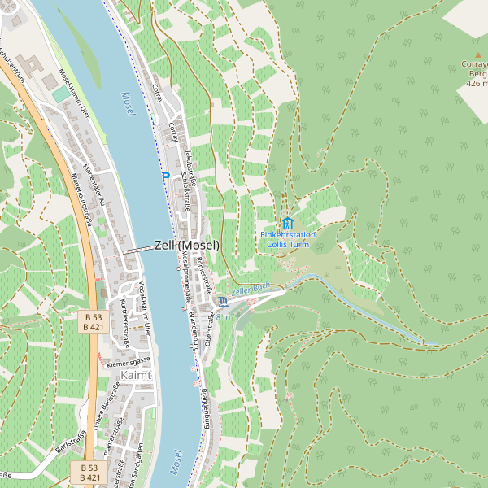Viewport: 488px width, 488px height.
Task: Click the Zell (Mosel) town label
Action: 186,245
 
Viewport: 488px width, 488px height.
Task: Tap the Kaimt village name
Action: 135,375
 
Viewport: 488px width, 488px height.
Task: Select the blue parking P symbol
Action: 165,176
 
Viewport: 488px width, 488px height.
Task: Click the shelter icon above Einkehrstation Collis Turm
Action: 287,222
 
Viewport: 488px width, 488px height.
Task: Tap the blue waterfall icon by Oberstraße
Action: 223,303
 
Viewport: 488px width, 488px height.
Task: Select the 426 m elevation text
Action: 477,83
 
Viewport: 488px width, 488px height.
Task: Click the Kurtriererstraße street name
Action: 124,318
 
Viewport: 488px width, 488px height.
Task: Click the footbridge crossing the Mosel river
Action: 138,248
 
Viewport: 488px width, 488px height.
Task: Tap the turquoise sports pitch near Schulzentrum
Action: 61,95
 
